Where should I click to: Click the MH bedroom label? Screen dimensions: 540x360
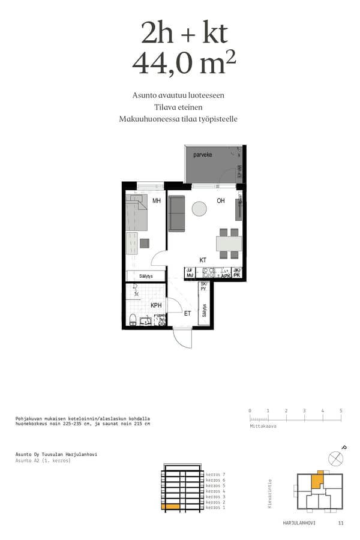click(157, 201)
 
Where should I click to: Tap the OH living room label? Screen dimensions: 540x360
click(221, 201)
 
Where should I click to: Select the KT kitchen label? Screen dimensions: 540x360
click(203, 260)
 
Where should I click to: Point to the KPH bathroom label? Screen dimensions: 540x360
click(156, 305)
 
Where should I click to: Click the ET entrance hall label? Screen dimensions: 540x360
click(187, 313)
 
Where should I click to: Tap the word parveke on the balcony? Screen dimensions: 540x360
click(203, 155)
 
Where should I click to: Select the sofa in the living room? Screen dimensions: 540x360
click(176, 214)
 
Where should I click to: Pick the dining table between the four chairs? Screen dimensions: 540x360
click(229, 243)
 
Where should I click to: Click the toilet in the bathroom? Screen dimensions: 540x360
click(133, 318)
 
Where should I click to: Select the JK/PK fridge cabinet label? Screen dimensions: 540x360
click(237, 273)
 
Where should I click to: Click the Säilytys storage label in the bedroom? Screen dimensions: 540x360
click(145, 276)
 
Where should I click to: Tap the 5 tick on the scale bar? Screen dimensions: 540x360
click(341, 411)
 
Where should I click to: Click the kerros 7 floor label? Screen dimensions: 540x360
click(215, 475)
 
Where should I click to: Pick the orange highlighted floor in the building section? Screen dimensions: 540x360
click(170, 508)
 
